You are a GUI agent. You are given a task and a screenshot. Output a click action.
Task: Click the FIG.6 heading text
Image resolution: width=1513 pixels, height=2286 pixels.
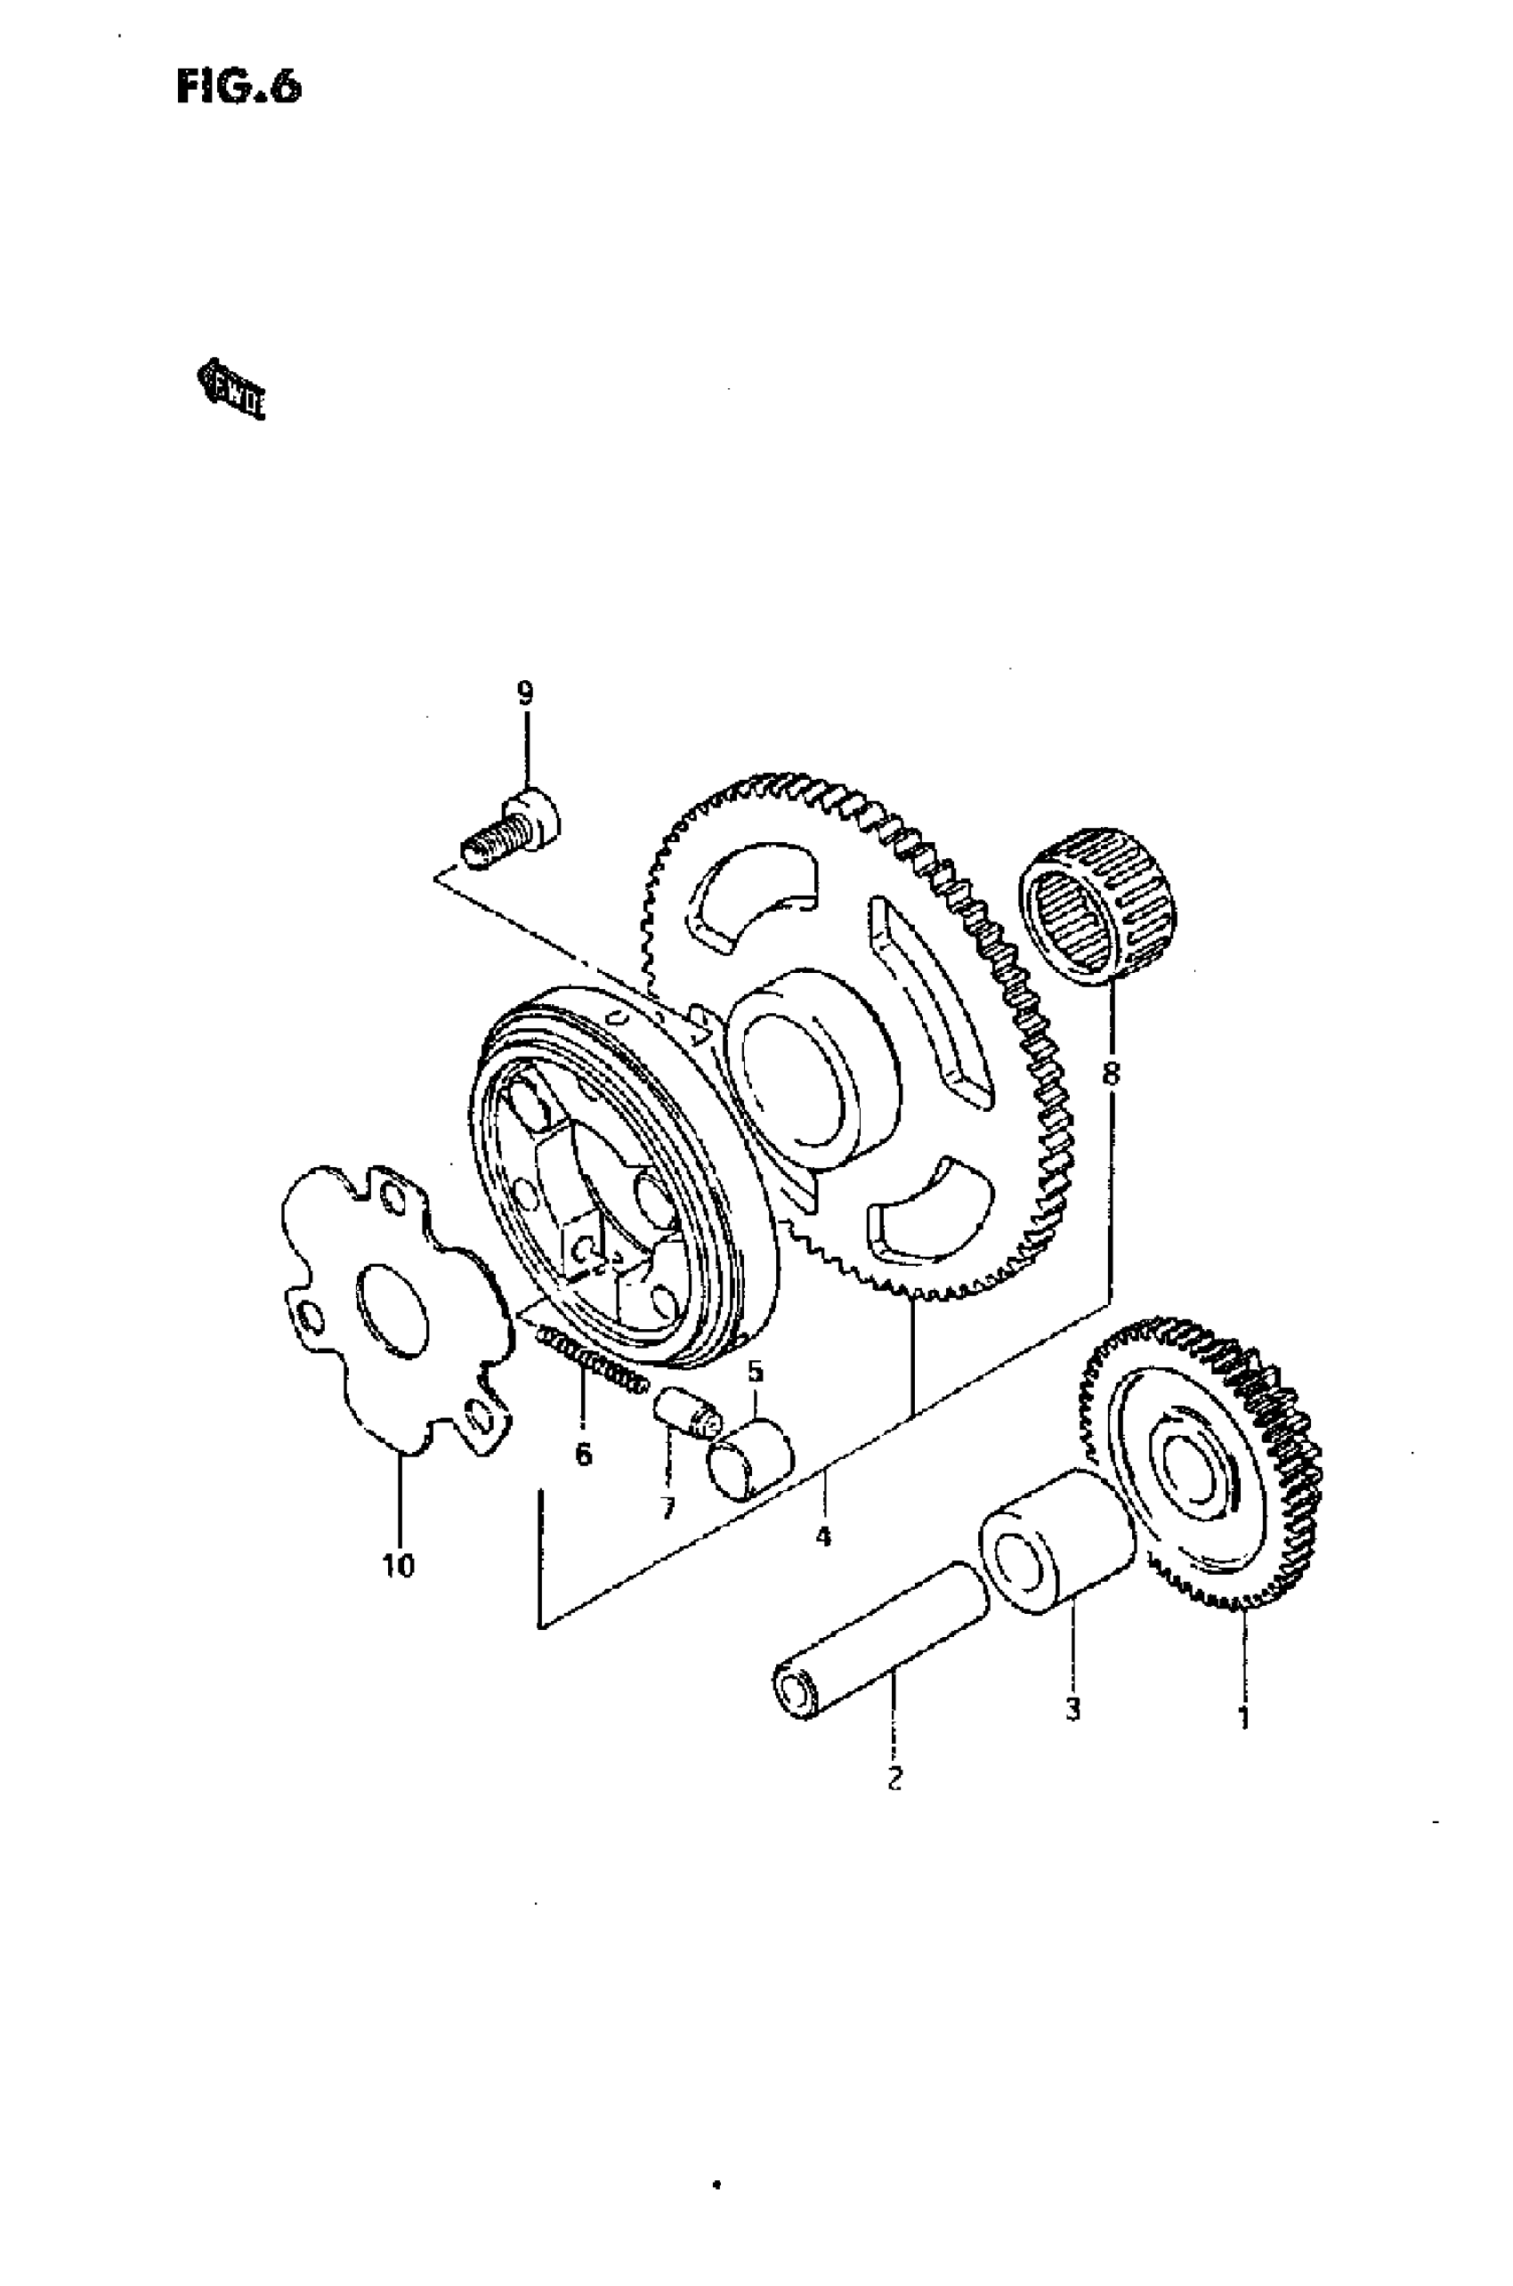pyautogui.click(x=239, y=88)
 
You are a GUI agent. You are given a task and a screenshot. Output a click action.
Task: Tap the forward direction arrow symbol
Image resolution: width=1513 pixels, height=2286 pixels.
pyautogui.click(x=231, y=389)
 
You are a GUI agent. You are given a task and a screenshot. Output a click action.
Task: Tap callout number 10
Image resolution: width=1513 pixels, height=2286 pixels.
pyautogui.click(x=399, y=1565)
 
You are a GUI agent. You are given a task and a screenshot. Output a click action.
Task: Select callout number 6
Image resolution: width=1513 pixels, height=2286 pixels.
pyautogui.click(x=583, y=1454)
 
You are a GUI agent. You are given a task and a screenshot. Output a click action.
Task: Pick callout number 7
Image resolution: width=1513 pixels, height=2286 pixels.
pyautogui.click(x=667, y=1507)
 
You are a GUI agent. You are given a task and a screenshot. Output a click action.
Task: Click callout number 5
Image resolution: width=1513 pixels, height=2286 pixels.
pyautogui.click(x=755, y=1371)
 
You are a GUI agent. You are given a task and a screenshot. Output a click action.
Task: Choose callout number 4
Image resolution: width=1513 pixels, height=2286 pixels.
pyautogui.click(x=822, y=1536)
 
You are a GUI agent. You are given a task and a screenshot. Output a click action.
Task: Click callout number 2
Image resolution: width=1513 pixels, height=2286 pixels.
pyautogui.click(x=894, y=1779)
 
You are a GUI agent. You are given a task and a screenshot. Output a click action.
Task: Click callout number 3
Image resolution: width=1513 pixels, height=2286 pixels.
pyautogui.click(x=1072, y=1709)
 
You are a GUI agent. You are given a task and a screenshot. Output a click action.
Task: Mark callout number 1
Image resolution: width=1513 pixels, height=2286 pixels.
pyautogui.click(x=1244, y=1719)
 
